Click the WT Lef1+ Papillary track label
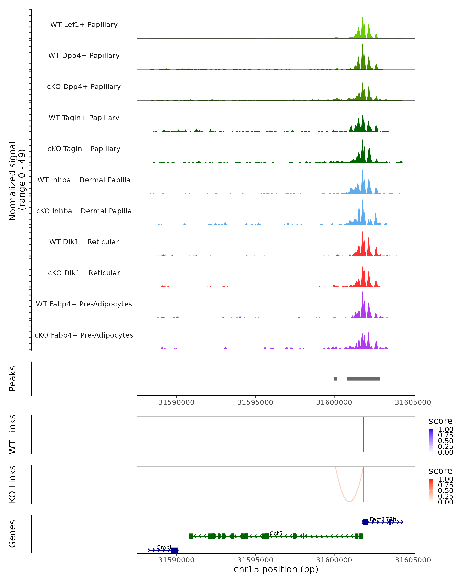tap(84, 25)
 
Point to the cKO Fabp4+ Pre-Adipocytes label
tap(84, 335)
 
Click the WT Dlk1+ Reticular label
tap(84, 242)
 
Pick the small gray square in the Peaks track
tap(335, 379)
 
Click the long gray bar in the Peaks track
tap(363, 379)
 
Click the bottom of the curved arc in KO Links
tap(349, 502)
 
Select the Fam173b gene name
tap(383, 519)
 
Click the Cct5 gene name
tap(276, 533)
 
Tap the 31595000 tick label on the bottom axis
tap(255, 560)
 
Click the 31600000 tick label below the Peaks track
tap(334, 402)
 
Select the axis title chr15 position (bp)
tap(276, 569)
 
